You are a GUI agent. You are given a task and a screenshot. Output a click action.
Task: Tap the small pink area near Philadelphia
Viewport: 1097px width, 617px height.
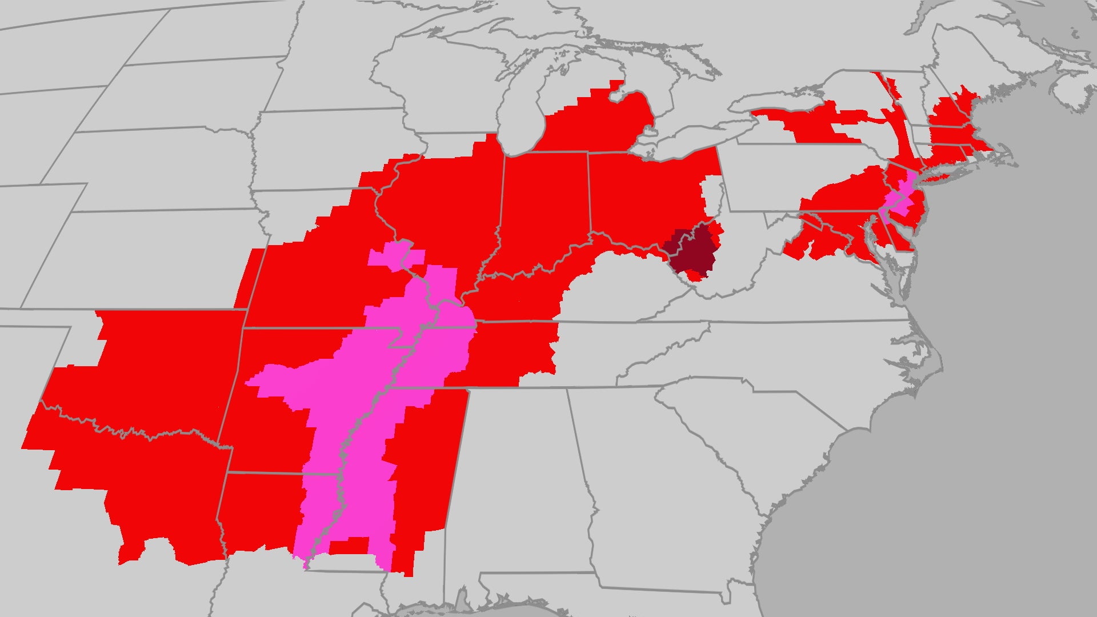(899, 197)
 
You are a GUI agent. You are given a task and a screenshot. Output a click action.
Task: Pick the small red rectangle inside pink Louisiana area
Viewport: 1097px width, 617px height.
(349, 546)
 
